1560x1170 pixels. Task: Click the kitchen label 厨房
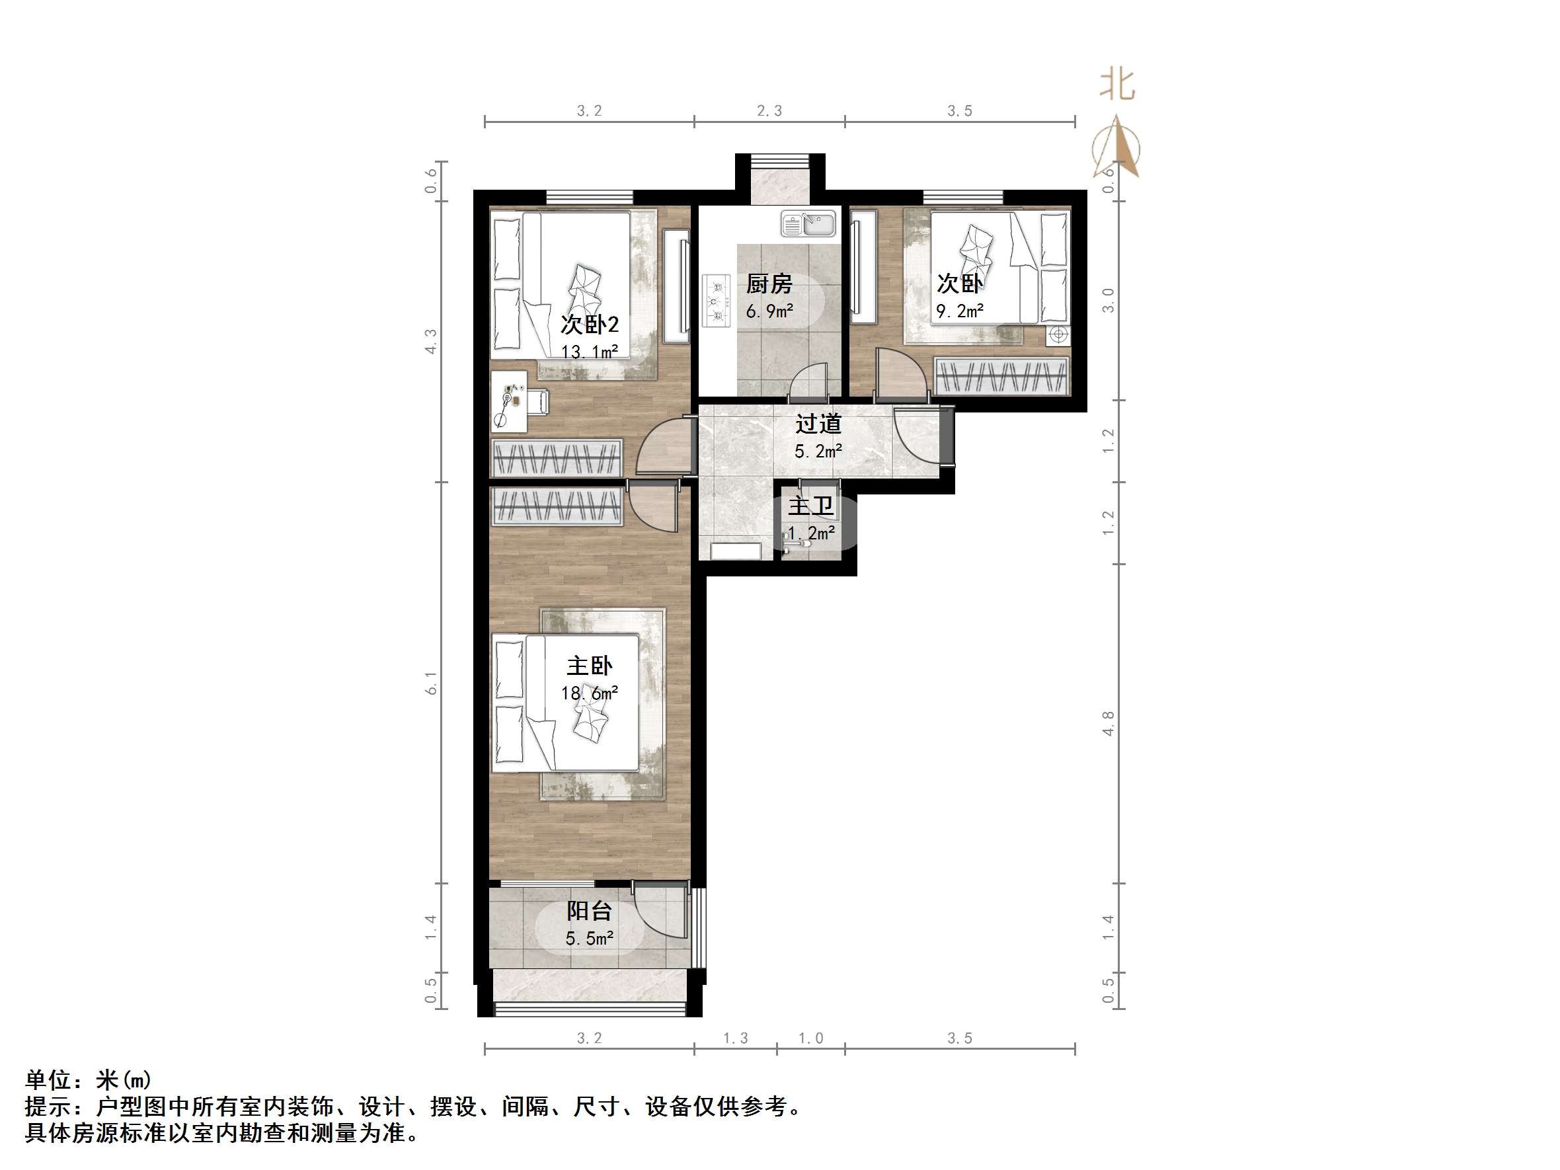point(769,284)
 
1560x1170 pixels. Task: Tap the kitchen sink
point(808,224)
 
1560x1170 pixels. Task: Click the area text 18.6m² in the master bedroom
point(590,693)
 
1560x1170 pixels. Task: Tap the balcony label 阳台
point(589,910)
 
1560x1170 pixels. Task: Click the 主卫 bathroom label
point(810,506)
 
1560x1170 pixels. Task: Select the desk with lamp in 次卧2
point(509,402)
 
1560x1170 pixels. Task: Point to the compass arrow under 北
point(1117,148)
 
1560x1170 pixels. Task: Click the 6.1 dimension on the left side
point(431,683)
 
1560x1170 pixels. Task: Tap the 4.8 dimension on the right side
point(1109,724)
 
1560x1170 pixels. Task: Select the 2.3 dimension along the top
point(769,111)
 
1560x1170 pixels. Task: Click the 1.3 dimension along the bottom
point(736,1038)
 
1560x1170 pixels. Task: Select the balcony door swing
point(660,911)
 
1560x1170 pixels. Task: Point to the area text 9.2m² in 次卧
point(959,310)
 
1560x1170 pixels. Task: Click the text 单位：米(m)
point(88,1079)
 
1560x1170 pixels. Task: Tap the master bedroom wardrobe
point(557,506)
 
